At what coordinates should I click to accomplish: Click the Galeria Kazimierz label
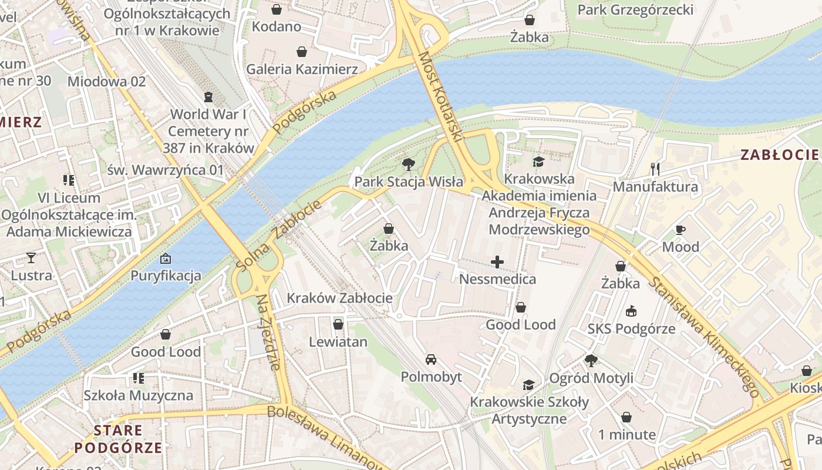pos(302,69)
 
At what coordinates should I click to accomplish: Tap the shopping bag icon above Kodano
pos(277,9)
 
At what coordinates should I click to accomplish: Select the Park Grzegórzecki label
pos(635,10)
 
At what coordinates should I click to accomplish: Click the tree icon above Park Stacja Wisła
pos(408,164)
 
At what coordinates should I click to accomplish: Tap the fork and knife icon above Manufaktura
pos(655,169)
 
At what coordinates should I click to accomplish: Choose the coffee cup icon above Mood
pos(680,230)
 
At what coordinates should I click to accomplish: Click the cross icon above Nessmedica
pos(497,261)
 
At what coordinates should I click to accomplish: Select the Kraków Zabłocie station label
pos(339,298)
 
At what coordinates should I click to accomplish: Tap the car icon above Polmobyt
pos(431,359)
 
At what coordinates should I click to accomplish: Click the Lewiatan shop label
pos(338,342)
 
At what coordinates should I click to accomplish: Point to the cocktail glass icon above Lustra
pos(31,257)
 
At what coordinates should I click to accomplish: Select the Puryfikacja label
pos(166,276)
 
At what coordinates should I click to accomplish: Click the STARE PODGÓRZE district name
pos(118,439)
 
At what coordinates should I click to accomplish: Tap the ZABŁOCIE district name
pos(779,155)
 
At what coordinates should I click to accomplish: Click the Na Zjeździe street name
pos(268,332)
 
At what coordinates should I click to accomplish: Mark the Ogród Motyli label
pos(591,378)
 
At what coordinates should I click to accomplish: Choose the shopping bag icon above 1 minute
pos(626,417)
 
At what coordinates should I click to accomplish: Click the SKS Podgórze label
pos(632,329)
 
